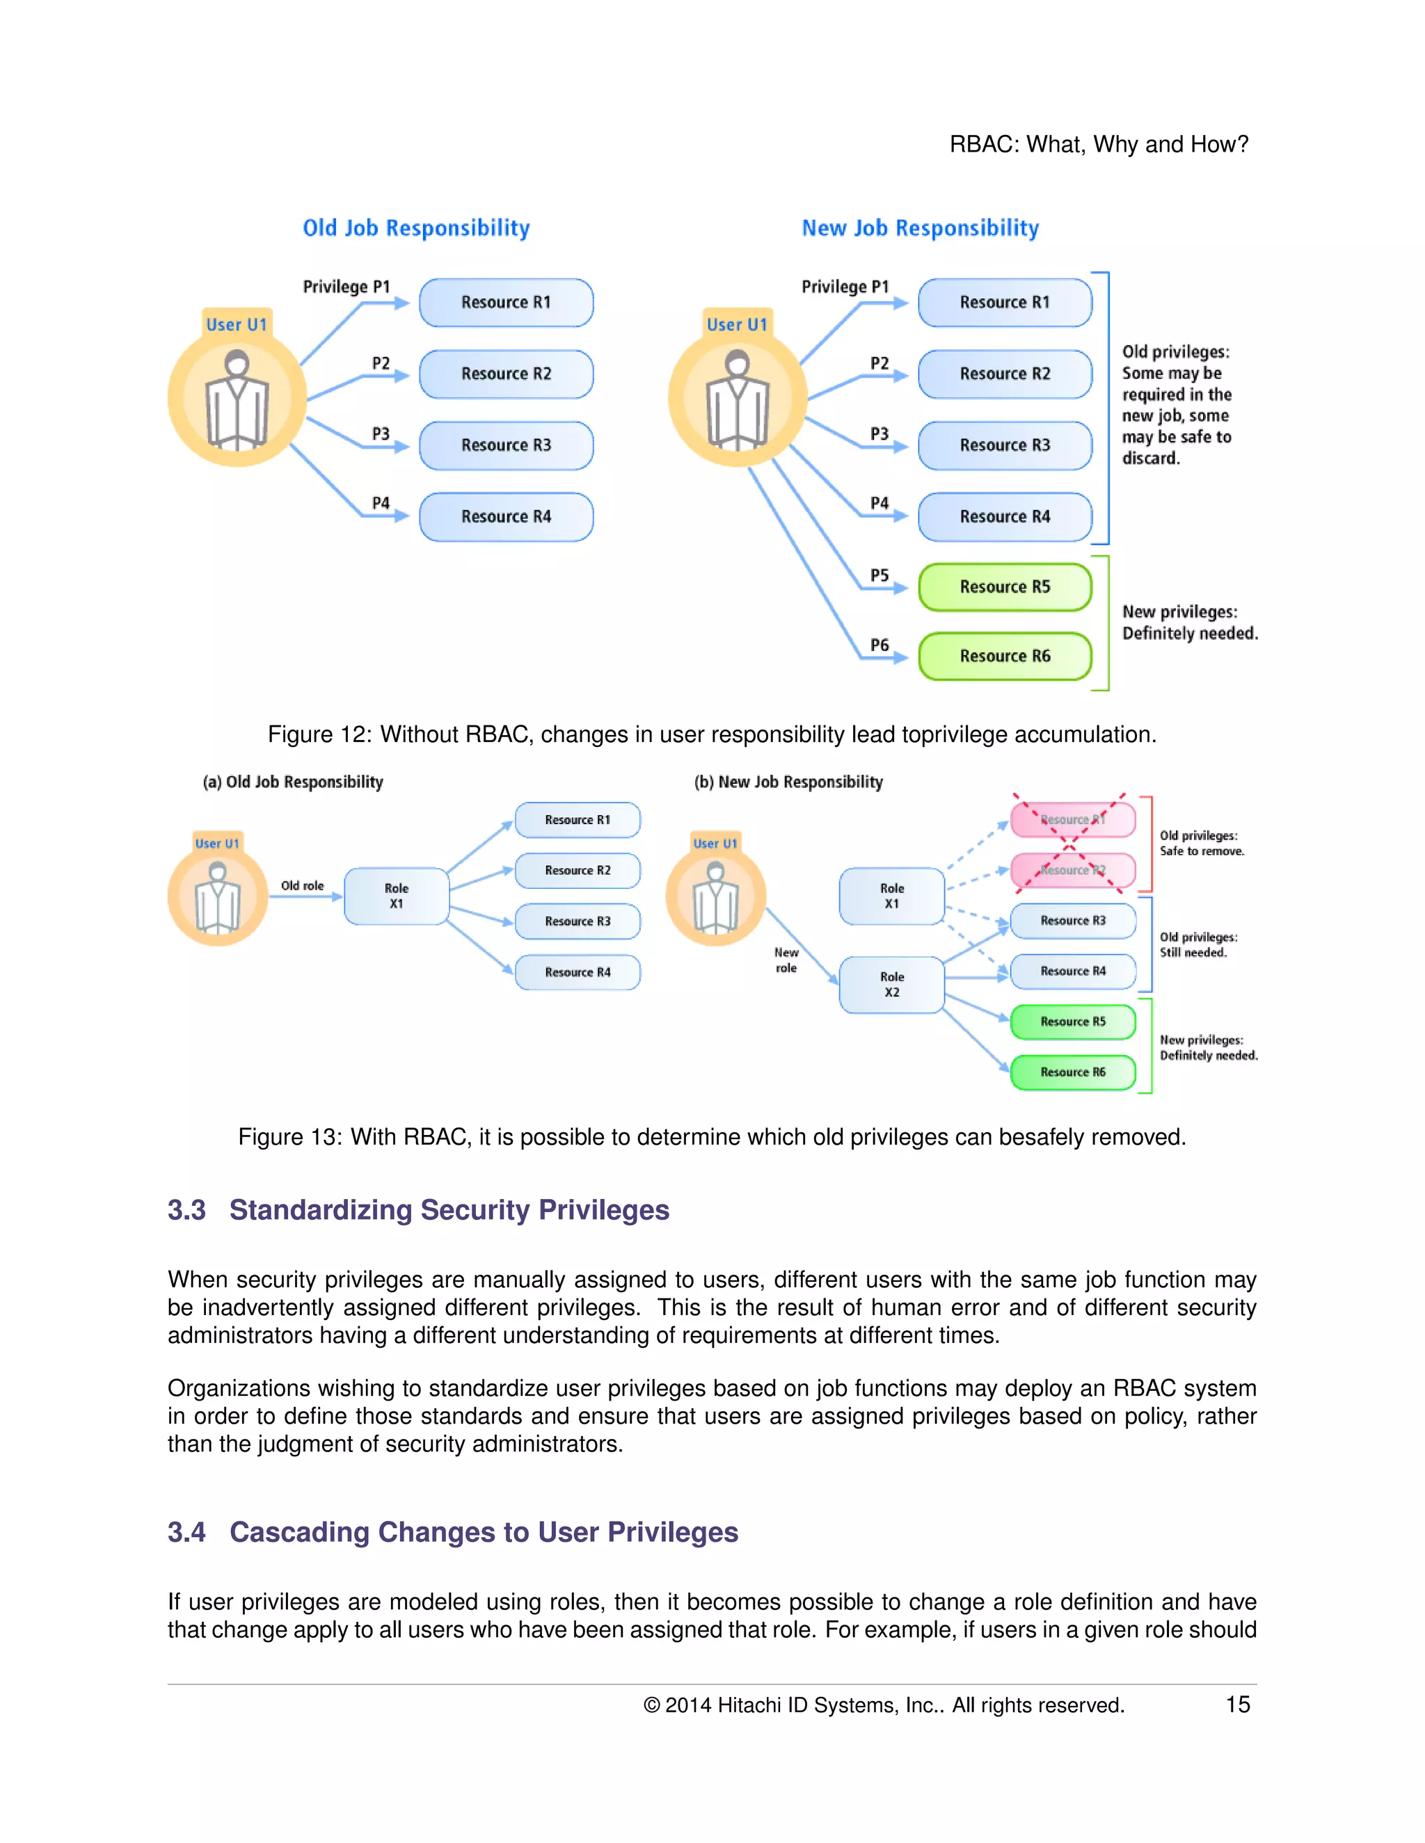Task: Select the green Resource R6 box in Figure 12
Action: click(1005, 657)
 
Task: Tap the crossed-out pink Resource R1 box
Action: click(1072, 819)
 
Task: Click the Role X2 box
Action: click(891, 985)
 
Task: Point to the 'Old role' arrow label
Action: click(302, 885)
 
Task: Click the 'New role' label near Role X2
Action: click(786, 960)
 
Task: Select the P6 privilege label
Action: click(879, 645)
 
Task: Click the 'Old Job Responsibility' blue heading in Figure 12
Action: click(416, 228)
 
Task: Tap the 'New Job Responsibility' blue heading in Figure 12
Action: click(920, 228)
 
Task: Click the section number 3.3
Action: click(186, 1210)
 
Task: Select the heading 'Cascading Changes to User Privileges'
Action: click(484, 1531)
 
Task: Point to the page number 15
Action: click(1238, 1705)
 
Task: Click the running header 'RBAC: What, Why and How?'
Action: click(1098, 144)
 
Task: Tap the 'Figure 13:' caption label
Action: click(289, 1136)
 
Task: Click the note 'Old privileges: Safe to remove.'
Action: click(1201, 843)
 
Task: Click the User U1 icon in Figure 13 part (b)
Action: click(716, 897)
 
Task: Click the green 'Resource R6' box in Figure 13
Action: click(1072, 1072)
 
